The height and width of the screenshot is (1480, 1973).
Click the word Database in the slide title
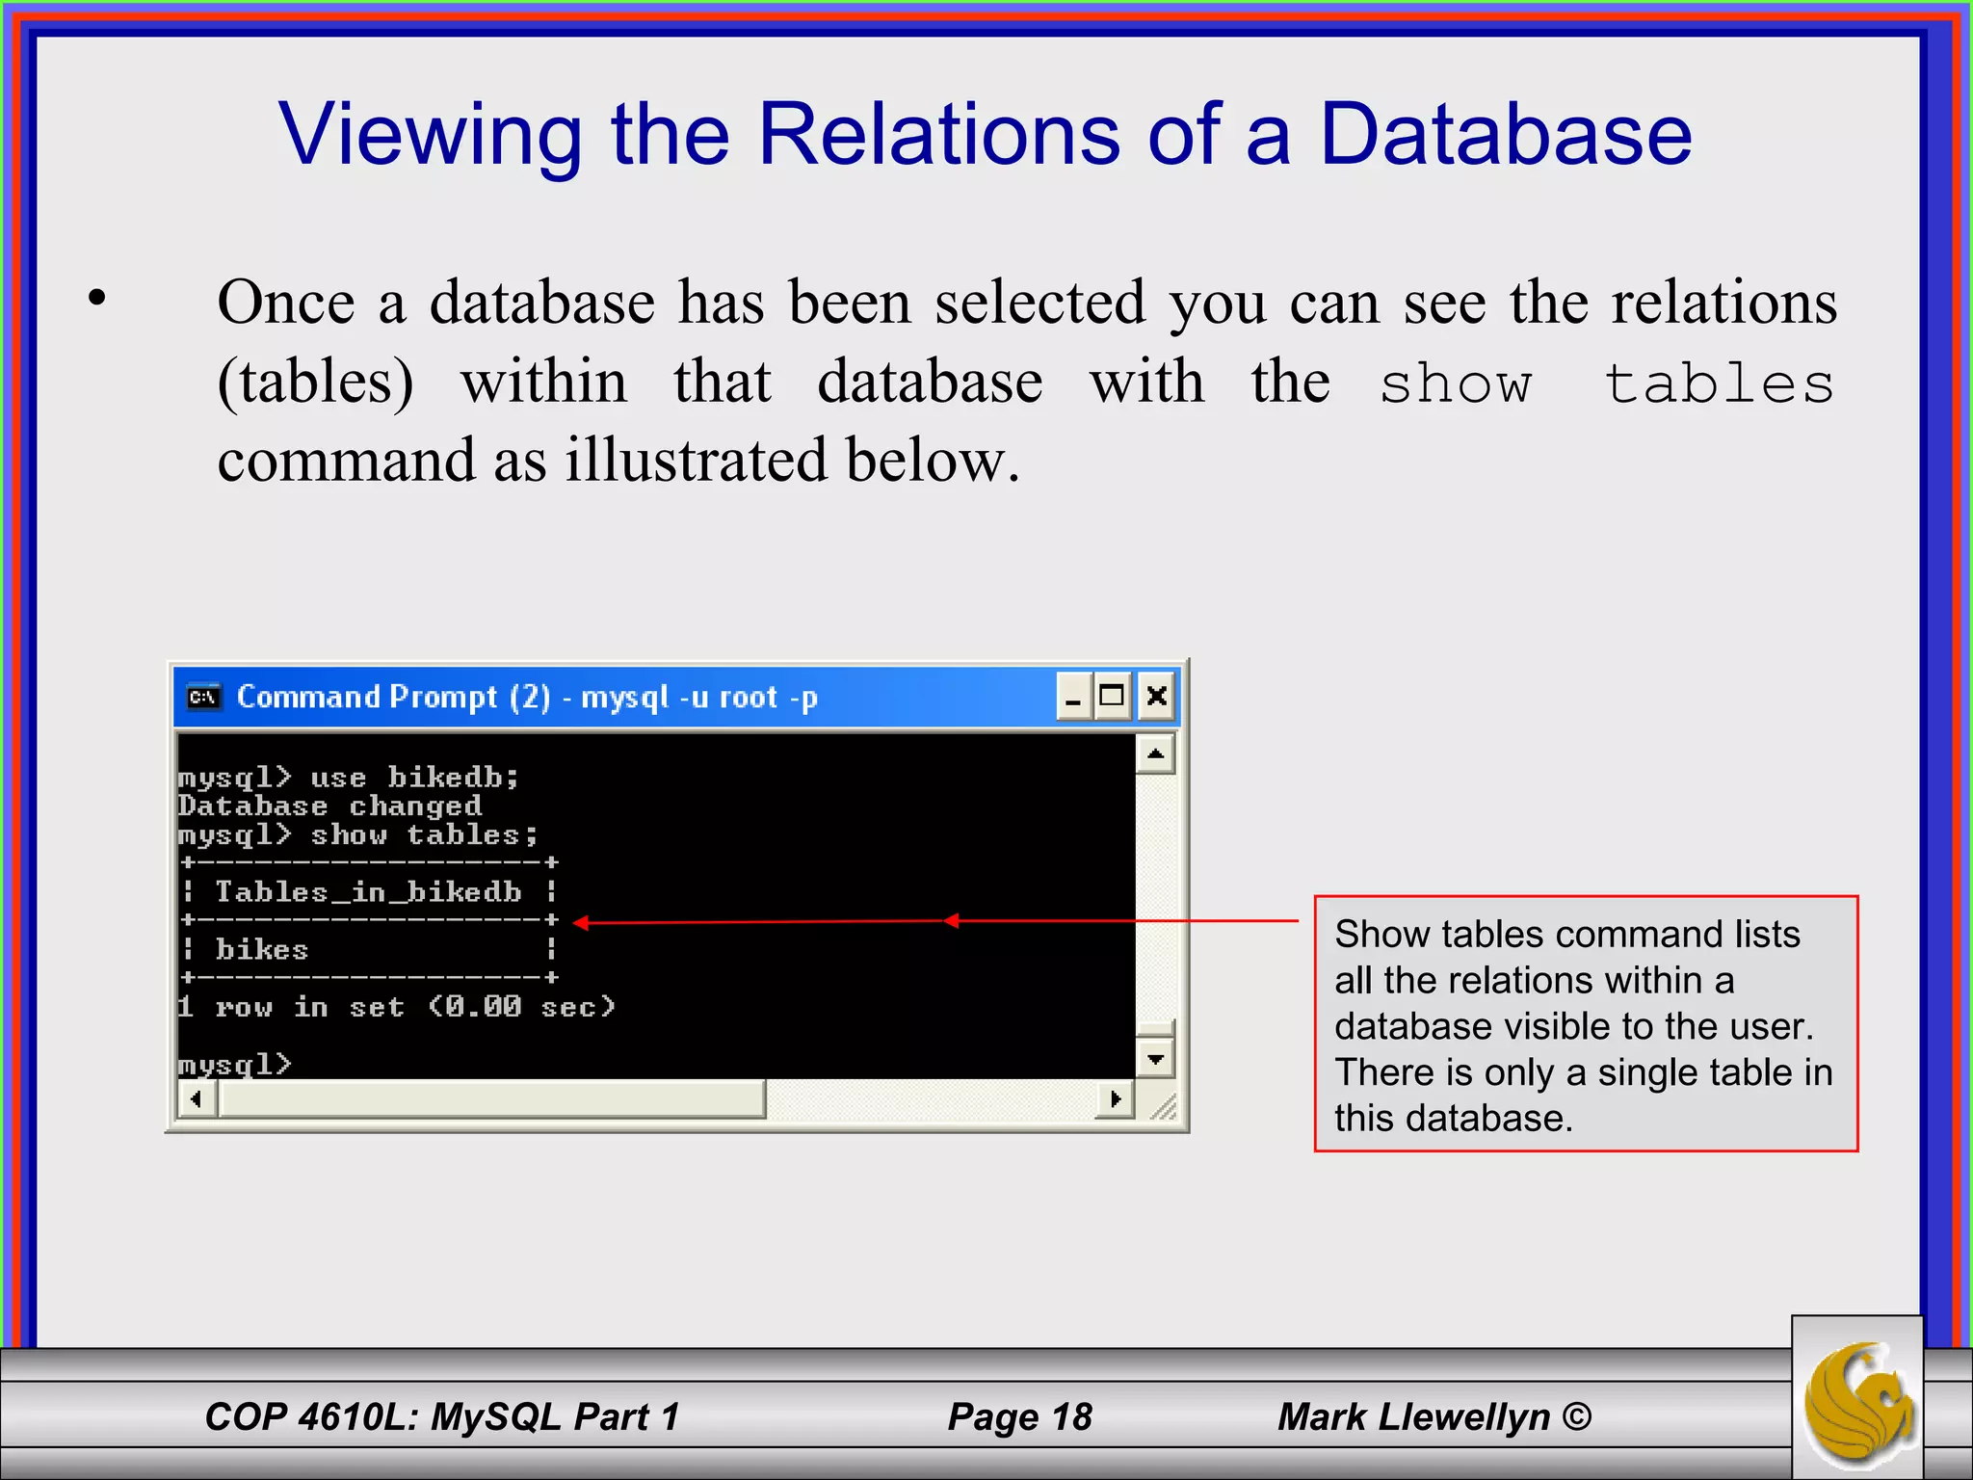(1505, 135)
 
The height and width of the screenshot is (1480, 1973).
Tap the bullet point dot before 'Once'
(96, 298)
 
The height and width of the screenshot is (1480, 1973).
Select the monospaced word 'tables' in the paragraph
(1720, 383)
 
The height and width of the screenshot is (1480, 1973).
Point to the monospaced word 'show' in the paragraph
(1455, 383)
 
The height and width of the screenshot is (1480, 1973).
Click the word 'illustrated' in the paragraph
(695, 460)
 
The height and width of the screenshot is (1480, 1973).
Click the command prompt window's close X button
(1157, 696)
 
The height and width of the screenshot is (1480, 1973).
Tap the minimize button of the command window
(1073, 696)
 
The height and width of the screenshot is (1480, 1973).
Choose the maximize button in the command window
(1113, 696)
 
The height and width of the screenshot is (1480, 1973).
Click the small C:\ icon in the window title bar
(203, 697)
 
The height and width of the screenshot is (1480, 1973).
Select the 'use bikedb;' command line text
(414, 777)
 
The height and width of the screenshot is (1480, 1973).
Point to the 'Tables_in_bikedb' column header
(368, 892)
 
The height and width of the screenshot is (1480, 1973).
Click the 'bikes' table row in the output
(262, 950)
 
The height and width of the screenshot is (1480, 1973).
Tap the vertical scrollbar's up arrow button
(1155, 753)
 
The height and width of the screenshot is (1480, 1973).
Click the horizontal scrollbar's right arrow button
(1115, 1098)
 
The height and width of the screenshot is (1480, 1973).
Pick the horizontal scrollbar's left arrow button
(197, 1098)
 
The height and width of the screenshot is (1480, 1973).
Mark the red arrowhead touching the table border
(581, 923)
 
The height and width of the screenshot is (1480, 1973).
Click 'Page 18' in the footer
(1019, 1416)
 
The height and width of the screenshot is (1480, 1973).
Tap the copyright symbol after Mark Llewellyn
(1576, 1416)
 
